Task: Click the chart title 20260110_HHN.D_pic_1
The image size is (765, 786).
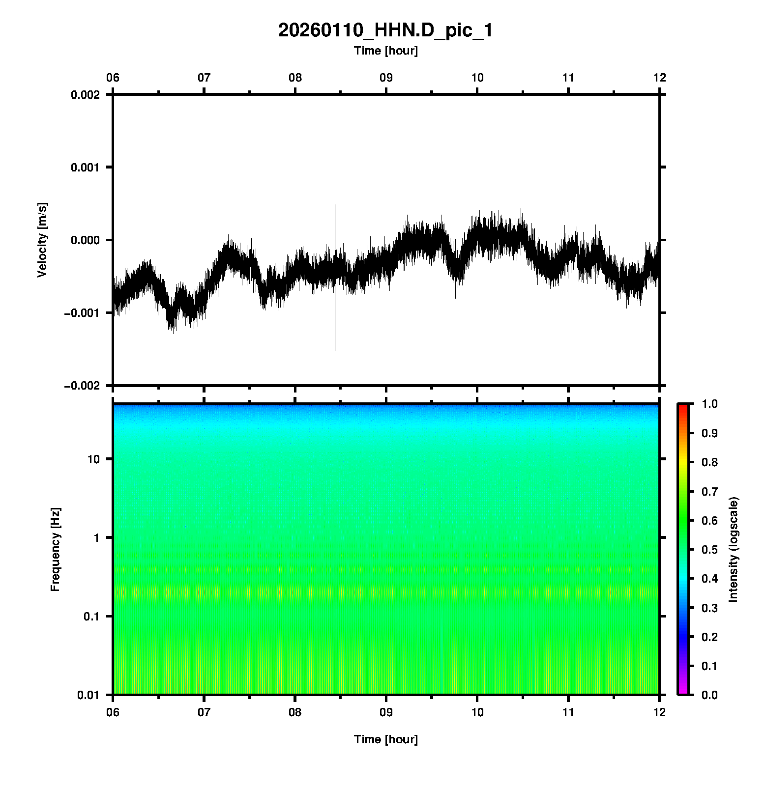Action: [385, 30]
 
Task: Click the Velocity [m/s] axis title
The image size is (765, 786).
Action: [42, 240]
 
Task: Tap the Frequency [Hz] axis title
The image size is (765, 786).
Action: [55, 550]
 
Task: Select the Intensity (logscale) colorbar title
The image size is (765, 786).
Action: [734, 549]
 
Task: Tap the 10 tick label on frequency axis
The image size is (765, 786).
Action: [93, 459]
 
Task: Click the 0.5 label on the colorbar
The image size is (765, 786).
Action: [710, 549]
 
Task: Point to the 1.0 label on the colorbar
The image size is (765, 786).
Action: [710, 404]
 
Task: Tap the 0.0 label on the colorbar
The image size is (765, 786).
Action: [710, 695]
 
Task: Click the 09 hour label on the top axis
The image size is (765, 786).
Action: [386, 78]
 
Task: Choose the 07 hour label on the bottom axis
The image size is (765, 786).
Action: [204, 712]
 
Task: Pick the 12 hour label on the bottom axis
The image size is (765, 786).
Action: [659, 712]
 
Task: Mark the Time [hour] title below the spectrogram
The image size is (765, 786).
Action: [385, 739]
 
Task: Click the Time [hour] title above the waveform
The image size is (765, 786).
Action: [385, 51]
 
